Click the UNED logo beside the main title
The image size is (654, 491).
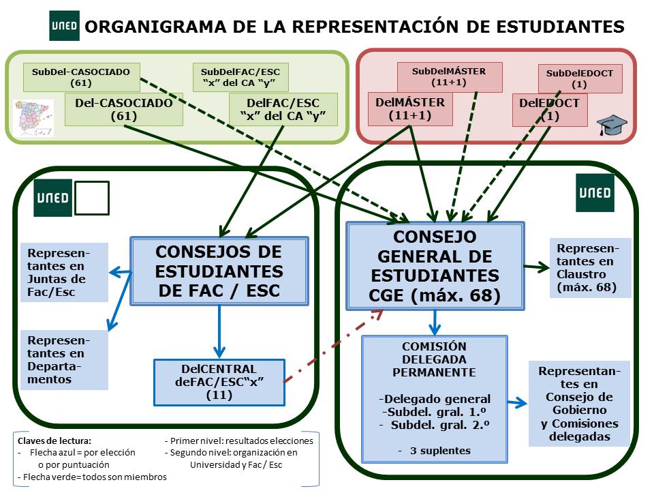pos(64,27)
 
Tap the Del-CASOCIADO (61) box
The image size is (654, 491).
pos(124,110)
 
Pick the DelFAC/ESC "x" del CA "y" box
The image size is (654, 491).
pos(283,110)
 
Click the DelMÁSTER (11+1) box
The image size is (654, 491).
pos(410,110)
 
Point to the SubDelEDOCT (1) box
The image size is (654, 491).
pos(580,78)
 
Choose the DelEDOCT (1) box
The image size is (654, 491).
pos(550,110)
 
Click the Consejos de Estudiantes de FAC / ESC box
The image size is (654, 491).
pos(219,271)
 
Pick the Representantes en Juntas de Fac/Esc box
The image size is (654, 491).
pos(64,272)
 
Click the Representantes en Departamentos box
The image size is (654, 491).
pos(64,359)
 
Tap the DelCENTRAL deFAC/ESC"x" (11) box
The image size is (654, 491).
pos(218,382)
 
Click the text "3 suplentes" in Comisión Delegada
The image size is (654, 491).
pos(435,451)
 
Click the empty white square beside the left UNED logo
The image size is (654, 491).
pos(91,198)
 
